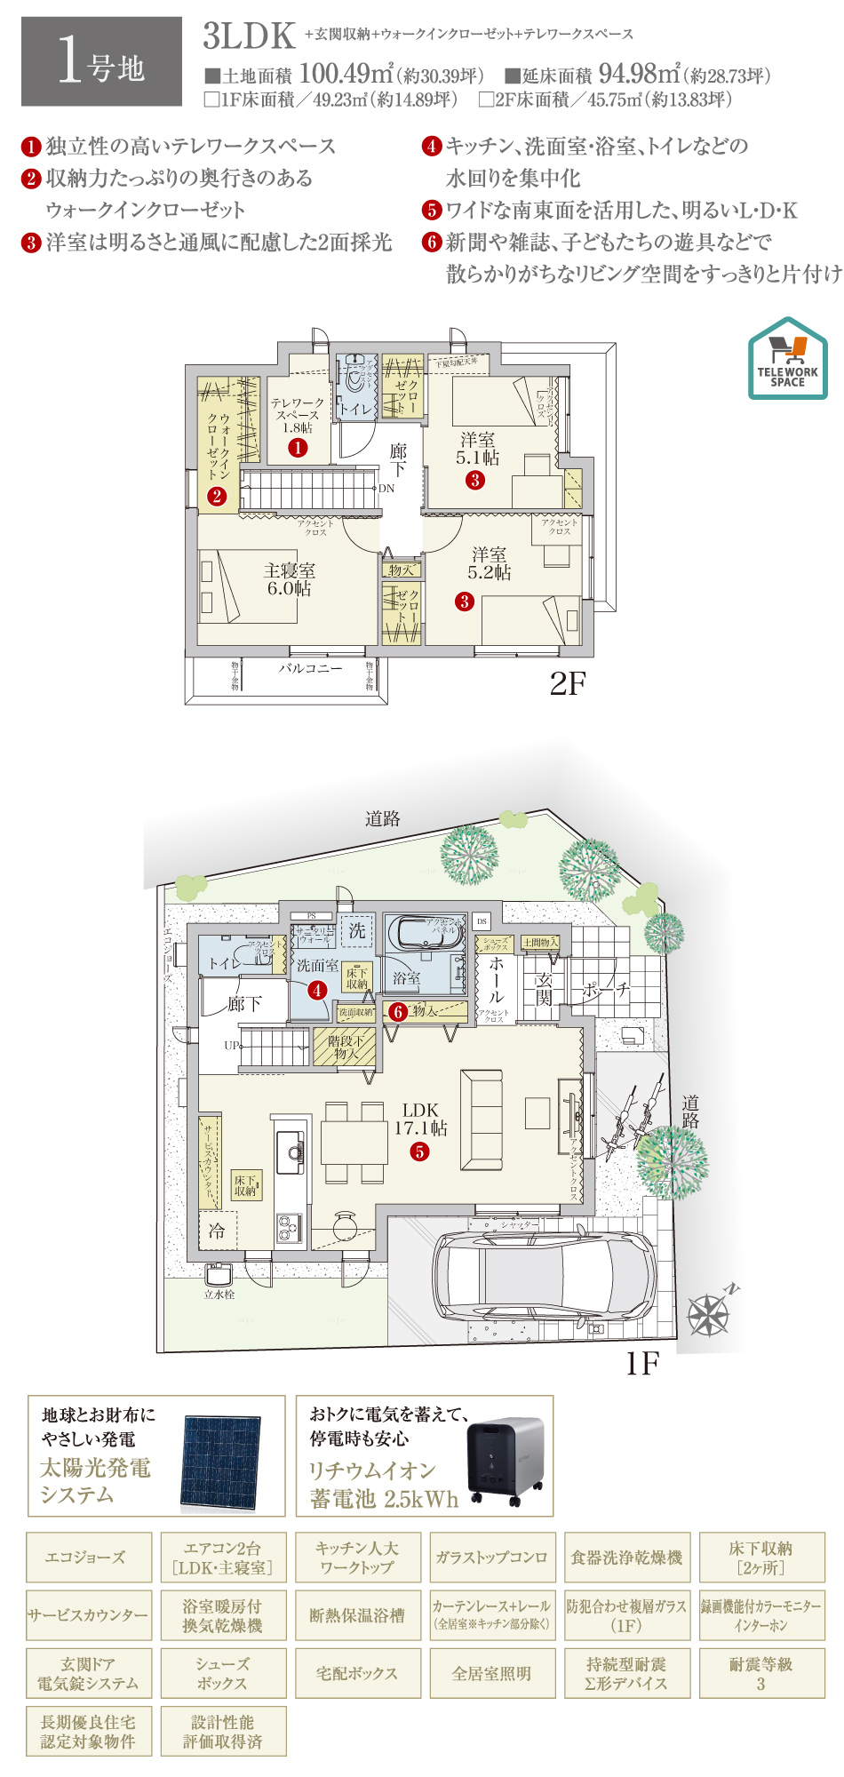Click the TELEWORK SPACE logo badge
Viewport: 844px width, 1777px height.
point(787,358)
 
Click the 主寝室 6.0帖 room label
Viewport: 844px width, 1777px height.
point(290,579)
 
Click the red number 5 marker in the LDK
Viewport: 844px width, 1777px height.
point(419,1151)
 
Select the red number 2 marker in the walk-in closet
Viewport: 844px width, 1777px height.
point(217,496)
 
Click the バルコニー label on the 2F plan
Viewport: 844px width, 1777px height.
point(310,668)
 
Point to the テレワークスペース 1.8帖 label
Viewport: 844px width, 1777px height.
point(298,415)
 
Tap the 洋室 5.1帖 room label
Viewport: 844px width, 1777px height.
point(478,449)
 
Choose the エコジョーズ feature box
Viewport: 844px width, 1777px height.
point(89,1557)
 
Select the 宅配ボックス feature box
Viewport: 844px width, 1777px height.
point(357,1673)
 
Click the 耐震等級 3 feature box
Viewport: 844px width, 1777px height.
point(761,1673)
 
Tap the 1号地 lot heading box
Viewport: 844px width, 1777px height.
point(101,61)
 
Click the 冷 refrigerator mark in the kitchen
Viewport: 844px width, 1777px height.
point(217,1231)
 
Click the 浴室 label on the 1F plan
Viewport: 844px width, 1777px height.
point(407,977)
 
